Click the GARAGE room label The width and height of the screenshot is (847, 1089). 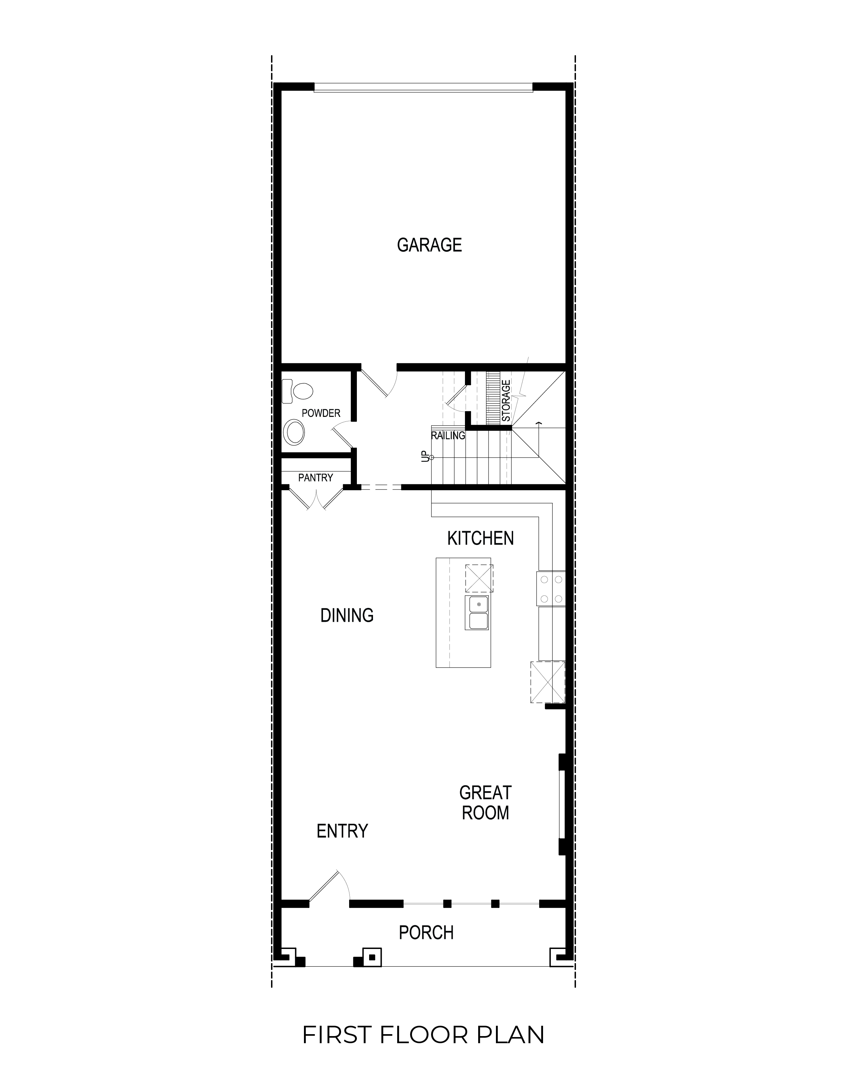click(x=429, y=245)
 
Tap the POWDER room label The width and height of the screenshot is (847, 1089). click(x=321, y=413)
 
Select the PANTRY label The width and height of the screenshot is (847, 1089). click(x=316, y=478)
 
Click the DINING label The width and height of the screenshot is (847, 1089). click(x=347, y=615)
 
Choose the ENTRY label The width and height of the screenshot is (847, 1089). click(x=342, y=831)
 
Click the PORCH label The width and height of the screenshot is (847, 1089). click(x=426, y=933)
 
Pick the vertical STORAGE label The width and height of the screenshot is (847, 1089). click(x=506, y=401)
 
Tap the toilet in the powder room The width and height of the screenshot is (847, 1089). click(x=297, y=391)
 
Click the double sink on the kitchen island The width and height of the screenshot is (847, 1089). click(x=478, y=613)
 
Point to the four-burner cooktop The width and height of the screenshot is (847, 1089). click(x=551, y=589)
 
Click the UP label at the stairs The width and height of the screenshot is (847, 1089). click(x=425, y=456)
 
